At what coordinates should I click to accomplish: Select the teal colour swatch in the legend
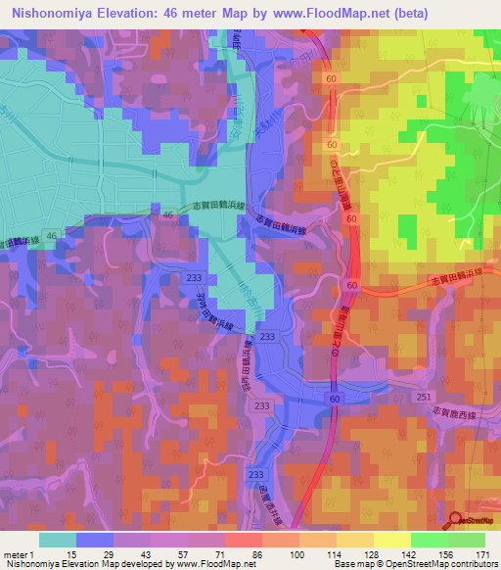(x=58, y=540)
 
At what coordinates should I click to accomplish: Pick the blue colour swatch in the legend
(x=95, y=540)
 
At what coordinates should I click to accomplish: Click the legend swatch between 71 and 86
(x=243, y=540)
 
